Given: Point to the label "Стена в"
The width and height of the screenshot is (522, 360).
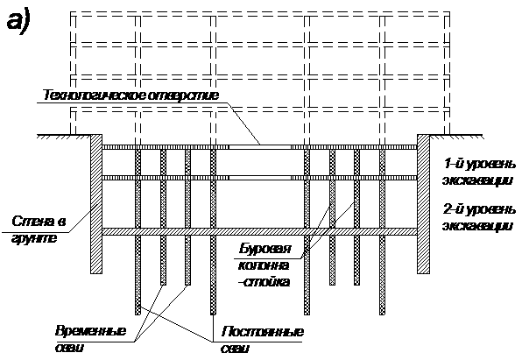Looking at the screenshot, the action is (x=39, y=222).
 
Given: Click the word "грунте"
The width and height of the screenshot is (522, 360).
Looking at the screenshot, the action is (x=34, y=239).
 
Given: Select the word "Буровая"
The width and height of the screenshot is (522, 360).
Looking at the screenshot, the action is (x=265, y=249).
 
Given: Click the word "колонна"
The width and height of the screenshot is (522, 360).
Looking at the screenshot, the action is (x=264, y=265).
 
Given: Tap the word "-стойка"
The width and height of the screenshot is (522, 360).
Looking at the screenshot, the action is (x=264, y=282).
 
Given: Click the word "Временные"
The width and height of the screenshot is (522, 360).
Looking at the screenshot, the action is (x=90, y=331).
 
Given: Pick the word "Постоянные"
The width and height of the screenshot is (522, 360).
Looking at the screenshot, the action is (x=263, y=332).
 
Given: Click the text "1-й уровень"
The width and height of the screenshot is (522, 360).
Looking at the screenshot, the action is (x=480, y=164).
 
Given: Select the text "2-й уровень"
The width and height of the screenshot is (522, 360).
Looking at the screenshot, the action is (x=480, y=209).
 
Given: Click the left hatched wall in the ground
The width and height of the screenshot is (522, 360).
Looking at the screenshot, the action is (x=96, y=204).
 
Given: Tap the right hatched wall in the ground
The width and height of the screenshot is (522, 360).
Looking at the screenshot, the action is (x=423, y=204).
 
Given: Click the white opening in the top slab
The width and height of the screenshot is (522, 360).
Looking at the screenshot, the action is (x=260, y=147).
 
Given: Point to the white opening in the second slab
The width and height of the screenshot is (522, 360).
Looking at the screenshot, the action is (x=260, y=178).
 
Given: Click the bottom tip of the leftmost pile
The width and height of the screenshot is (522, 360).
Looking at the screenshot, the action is (x=138, y=314).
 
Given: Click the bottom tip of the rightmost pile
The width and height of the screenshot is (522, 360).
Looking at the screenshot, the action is (x=382, y=314).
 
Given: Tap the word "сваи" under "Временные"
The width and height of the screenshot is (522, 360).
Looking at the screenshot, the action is (x=69, y=348).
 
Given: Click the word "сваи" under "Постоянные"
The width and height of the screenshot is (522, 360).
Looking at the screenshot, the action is (x=235, y=349).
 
